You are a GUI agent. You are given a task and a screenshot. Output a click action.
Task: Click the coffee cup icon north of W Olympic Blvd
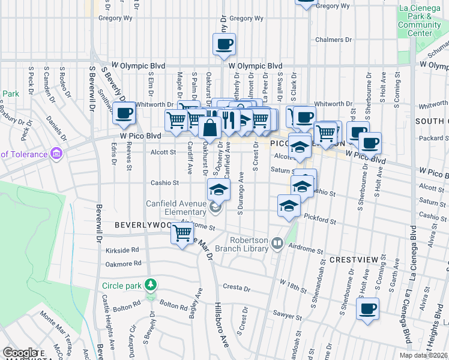pos(224,44)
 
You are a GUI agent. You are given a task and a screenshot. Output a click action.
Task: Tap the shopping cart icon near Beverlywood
pos(182,233)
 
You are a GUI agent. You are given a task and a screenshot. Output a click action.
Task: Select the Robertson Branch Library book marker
pos(277,244)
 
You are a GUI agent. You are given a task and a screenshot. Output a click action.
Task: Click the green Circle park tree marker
pos(152,284)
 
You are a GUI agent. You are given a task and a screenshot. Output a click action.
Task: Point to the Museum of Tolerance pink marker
pos(57,154)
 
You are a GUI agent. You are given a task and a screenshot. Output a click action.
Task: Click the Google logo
pos(20,353)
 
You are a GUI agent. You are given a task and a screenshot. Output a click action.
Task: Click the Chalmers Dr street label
pos(334,40)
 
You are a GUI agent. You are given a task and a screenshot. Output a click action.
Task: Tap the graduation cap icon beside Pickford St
pos(289,205)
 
